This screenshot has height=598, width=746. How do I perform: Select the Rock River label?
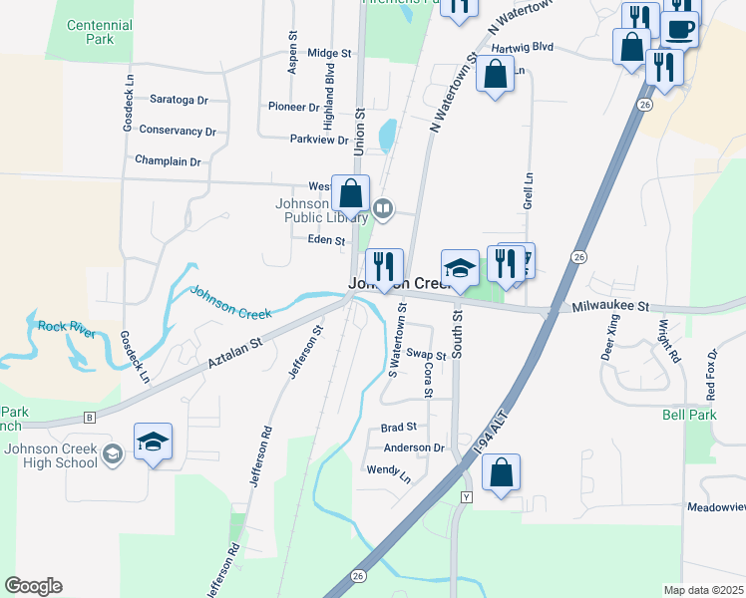(67, 328)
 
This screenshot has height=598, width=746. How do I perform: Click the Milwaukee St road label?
(610, 308)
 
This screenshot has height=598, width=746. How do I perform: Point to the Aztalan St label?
(233, 355)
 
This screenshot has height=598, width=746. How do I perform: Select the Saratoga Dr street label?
(179, 101)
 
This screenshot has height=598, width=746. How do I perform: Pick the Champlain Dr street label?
(168, 161)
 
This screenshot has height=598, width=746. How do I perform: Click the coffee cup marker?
(680, 29)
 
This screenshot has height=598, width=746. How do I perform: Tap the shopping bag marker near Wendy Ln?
(502, 473)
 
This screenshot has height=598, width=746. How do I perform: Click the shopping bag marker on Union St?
(351, 194)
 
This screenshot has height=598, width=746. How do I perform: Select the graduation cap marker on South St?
(460, 268)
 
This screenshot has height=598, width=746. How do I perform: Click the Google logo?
(33, 586)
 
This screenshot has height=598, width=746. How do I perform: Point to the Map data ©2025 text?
(704, 590)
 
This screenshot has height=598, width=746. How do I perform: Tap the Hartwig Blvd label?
(521, 46)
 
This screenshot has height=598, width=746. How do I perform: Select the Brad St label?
(398, 428)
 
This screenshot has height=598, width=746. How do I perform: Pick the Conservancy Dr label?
(178, 131)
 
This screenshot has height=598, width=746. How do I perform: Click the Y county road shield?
(465, 496)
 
